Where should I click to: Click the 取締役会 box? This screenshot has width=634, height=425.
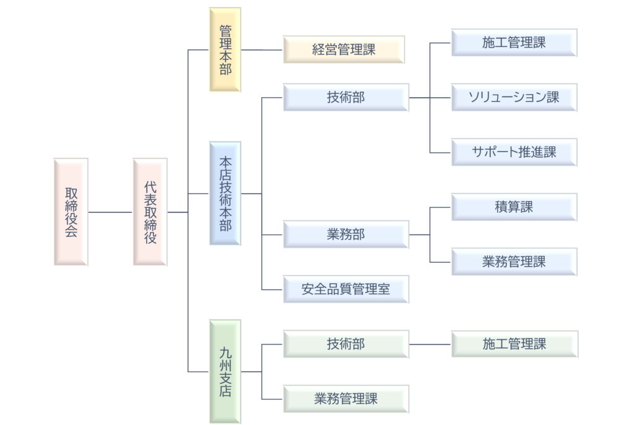(x=71, y=212)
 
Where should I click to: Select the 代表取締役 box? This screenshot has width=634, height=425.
(x=150, y=212)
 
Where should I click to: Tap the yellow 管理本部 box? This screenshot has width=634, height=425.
(x=225, y=49)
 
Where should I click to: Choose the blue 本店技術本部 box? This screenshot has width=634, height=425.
(x=225, y=194)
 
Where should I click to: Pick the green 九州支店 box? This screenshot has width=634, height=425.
(x=225, y=372)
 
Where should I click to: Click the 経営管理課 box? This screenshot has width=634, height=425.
(x=344, y=49)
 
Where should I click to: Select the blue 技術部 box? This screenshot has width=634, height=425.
(x=346, y=97)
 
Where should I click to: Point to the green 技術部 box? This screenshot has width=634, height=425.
(x=346, y=344)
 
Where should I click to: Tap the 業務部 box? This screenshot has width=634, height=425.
(x=346, y=234)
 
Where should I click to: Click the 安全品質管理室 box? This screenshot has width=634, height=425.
(x=346, y=290)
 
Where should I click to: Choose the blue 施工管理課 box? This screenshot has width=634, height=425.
(x=514, y=43)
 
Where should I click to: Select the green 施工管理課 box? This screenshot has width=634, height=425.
(x=515, y=344)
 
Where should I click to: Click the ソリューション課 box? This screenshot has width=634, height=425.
(x=514, y=97)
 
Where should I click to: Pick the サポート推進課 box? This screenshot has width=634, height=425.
(x=514, y=152)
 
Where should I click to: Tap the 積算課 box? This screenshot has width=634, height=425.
(x=514, y=207)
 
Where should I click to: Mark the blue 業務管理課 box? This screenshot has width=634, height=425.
(x=514, y=262)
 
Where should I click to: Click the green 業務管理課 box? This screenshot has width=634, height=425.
(x=346, y=399)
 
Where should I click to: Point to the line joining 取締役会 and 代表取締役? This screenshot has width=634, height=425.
(x=110, y=212)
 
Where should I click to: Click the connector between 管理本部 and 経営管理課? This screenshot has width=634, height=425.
(x=262, y=50)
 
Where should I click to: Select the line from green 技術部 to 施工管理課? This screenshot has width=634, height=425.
(x=430, y=345)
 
